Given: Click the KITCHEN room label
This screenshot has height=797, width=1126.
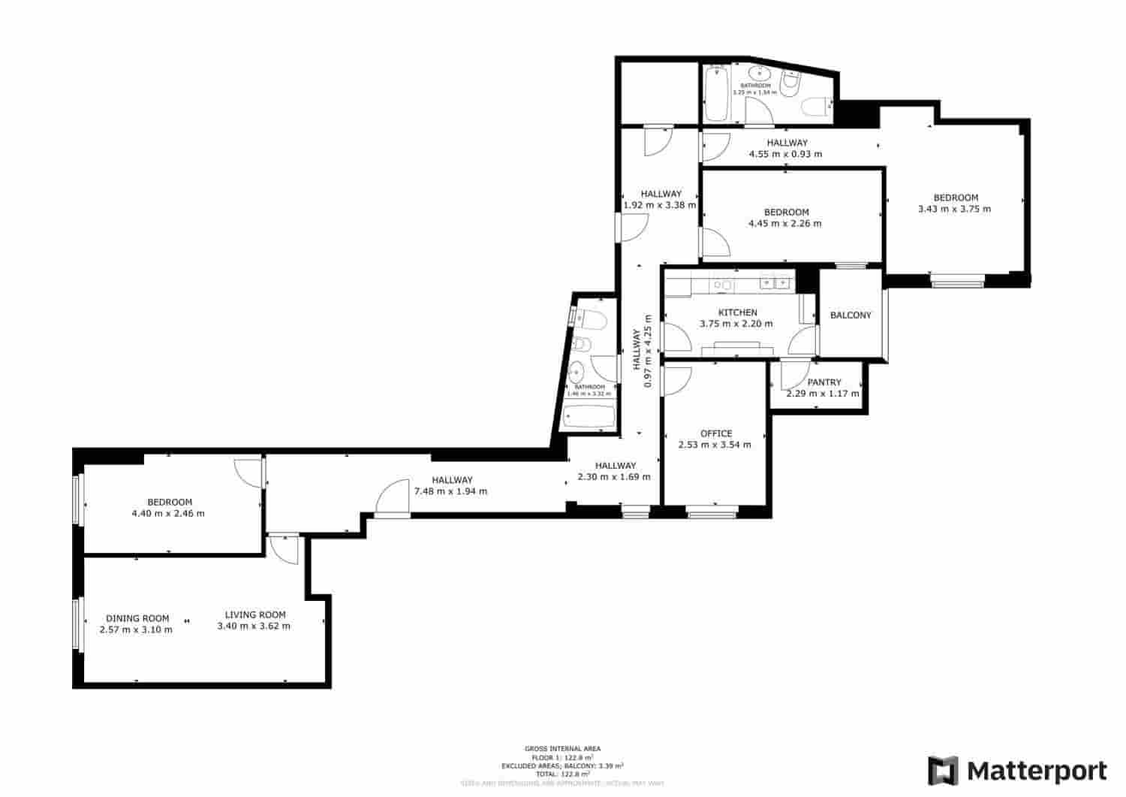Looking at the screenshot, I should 738,312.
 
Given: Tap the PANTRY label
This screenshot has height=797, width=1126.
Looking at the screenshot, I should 824,382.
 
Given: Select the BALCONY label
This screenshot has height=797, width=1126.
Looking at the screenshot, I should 851,315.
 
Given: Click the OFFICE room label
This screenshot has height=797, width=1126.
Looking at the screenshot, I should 716,433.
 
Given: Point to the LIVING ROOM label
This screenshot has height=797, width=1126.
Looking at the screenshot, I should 255,615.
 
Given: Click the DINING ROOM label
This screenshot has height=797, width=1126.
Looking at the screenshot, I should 137,619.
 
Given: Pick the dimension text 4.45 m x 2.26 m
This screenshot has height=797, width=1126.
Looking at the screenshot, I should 785,224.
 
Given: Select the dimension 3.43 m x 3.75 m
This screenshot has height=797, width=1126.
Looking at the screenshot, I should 954,209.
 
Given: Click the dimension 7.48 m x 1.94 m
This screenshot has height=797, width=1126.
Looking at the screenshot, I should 450,492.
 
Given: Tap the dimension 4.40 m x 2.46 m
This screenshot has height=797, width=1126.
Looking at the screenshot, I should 168,514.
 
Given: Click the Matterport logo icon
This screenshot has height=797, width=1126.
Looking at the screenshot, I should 943,771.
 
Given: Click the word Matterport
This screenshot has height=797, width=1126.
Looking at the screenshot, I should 1037,771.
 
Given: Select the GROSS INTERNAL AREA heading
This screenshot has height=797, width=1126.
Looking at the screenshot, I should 562,749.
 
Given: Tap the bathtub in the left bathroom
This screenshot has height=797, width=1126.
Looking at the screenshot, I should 590,417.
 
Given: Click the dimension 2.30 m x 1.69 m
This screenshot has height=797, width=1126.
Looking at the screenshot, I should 614,477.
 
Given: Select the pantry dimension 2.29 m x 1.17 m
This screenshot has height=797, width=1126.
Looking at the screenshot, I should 823,394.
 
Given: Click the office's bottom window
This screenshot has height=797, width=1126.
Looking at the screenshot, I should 712,515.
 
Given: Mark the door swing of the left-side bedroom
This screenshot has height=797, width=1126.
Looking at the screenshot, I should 246,472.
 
